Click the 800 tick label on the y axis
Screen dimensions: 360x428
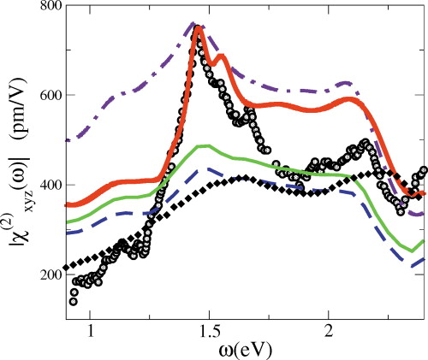click(45, 8)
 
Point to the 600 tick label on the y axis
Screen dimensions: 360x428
click(45, 97)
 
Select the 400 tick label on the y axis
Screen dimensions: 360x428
click(45, 186)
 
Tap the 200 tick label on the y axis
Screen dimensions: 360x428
click(45, 274)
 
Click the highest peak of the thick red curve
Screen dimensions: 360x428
click(199, 28)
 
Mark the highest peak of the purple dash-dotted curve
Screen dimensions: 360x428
click(193, 24)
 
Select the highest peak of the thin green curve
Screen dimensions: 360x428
click(203, 145)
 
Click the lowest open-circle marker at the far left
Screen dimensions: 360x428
click(74, 300)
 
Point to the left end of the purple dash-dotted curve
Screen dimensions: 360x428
click(67, 139)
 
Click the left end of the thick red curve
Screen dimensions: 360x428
click(68, 204)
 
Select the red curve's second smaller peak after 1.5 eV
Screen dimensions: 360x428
click(223, 56)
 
